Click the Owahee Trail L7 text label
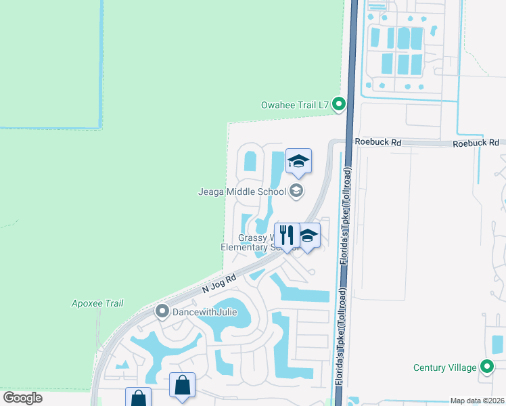pyautogui.click(x=294, y=105)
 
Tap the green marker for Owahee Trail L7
pyautogui.click(x=340, y=104)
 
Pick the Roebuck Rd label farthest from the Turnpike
pyautogui.click(x=476, y=143)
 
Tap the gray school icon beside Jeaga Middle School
pyautogui.click(x=296, y=191)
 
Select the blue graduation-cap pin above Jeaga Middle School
pyautogui.click(x=298, y=162)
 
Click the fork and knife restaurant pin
pyautogui.click(x=286, y=235)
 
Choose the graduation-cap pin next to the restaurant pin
pyautogui.click(x=308, y=236)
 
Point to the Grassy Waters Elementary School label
pyautogui.click(x=260, y=242)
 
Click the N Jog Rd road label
pyautogui.click(x=218, y=284)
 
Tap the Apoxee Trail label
pyautogui.click(x=97, y=303)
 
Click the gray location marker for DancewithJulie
pyautogui.click(x=162, y=311)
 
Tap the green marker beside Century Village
pyautogui.click(x=487, y=367)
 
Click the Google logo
pyautogui.click(x=22, y=398)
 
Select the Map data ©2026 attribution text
pyautogui.click(x=477, y=401)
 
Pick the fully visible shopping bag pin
pyautogui.click(x=182, y=385)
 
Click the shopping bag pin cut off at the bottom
pyautogui.click(x=138, y=397)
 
